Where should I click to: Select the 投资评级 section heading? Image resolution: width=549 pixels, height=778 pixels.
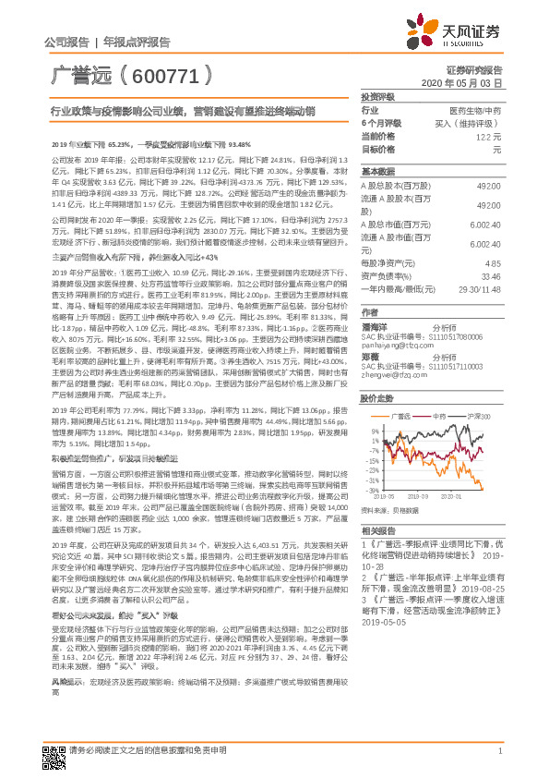(378, 96)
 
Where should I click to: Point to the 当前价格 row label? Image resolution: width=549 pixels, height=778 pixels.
(378, 135)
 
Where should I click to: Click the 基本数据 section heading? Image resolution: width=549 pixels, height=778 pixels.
(378, 172)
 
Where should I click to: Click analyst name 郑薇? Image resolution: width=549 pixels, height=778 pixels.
(371, 355)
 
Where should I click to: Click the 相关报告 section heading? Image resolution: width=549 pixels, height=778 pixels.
(378, 531)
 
